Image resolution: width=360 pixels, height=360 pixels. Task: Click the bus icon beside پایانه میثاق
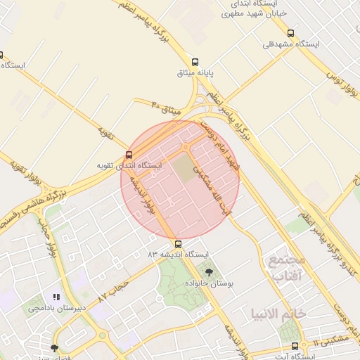point(195,61)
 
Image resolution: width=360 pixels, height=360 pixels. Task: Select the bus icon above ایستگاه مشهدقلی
point(291,33)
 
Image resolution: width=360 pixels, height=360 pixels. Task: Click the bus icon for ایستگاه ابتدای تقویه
point(129,155)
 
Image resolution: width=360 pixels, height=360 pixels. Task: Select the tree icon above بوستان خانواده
point(209,271)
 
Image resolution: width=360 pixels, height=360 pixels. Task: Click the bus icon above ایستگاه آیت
point(295,346)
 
